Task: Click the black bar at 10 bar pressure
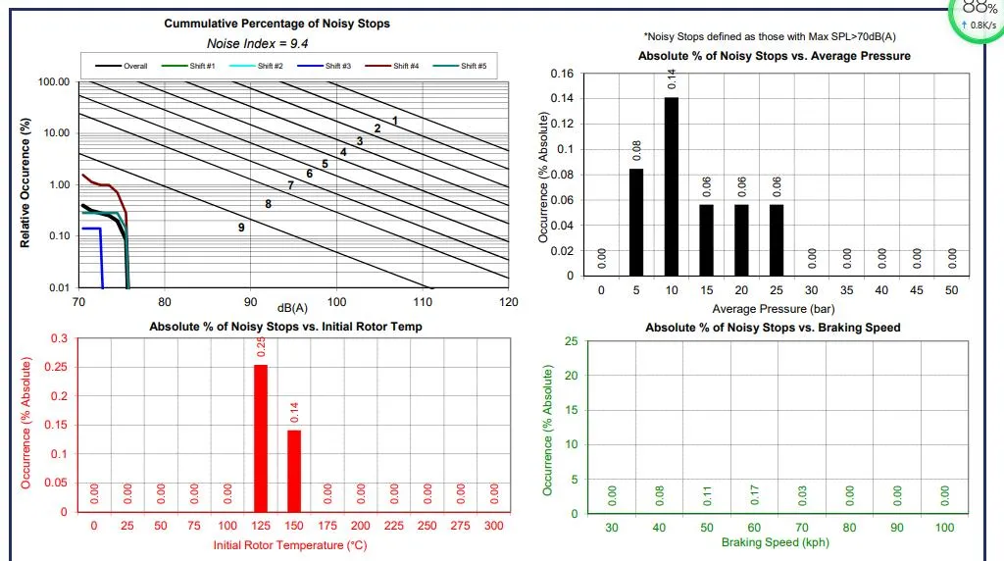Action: click(671, 186)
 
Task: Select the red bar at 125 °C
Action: click(261, 437)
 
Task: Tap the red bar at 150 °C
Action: click(294, 471)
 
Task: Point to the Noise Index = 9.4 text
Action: click(249, 43)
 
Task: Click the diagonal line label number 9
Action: click(241, 228)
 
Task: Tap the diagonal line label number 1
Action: click(395, 121)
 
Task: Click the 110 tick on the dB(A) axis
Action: click(423, 302)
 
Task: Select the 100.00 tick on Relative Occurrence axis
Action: click(54, 81)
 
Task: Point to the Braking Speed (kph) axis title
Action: click(777, 542)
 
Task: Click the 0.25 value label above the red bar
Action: click(261, 347)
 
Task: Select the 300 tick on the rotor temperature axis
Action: click(494, 526)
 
